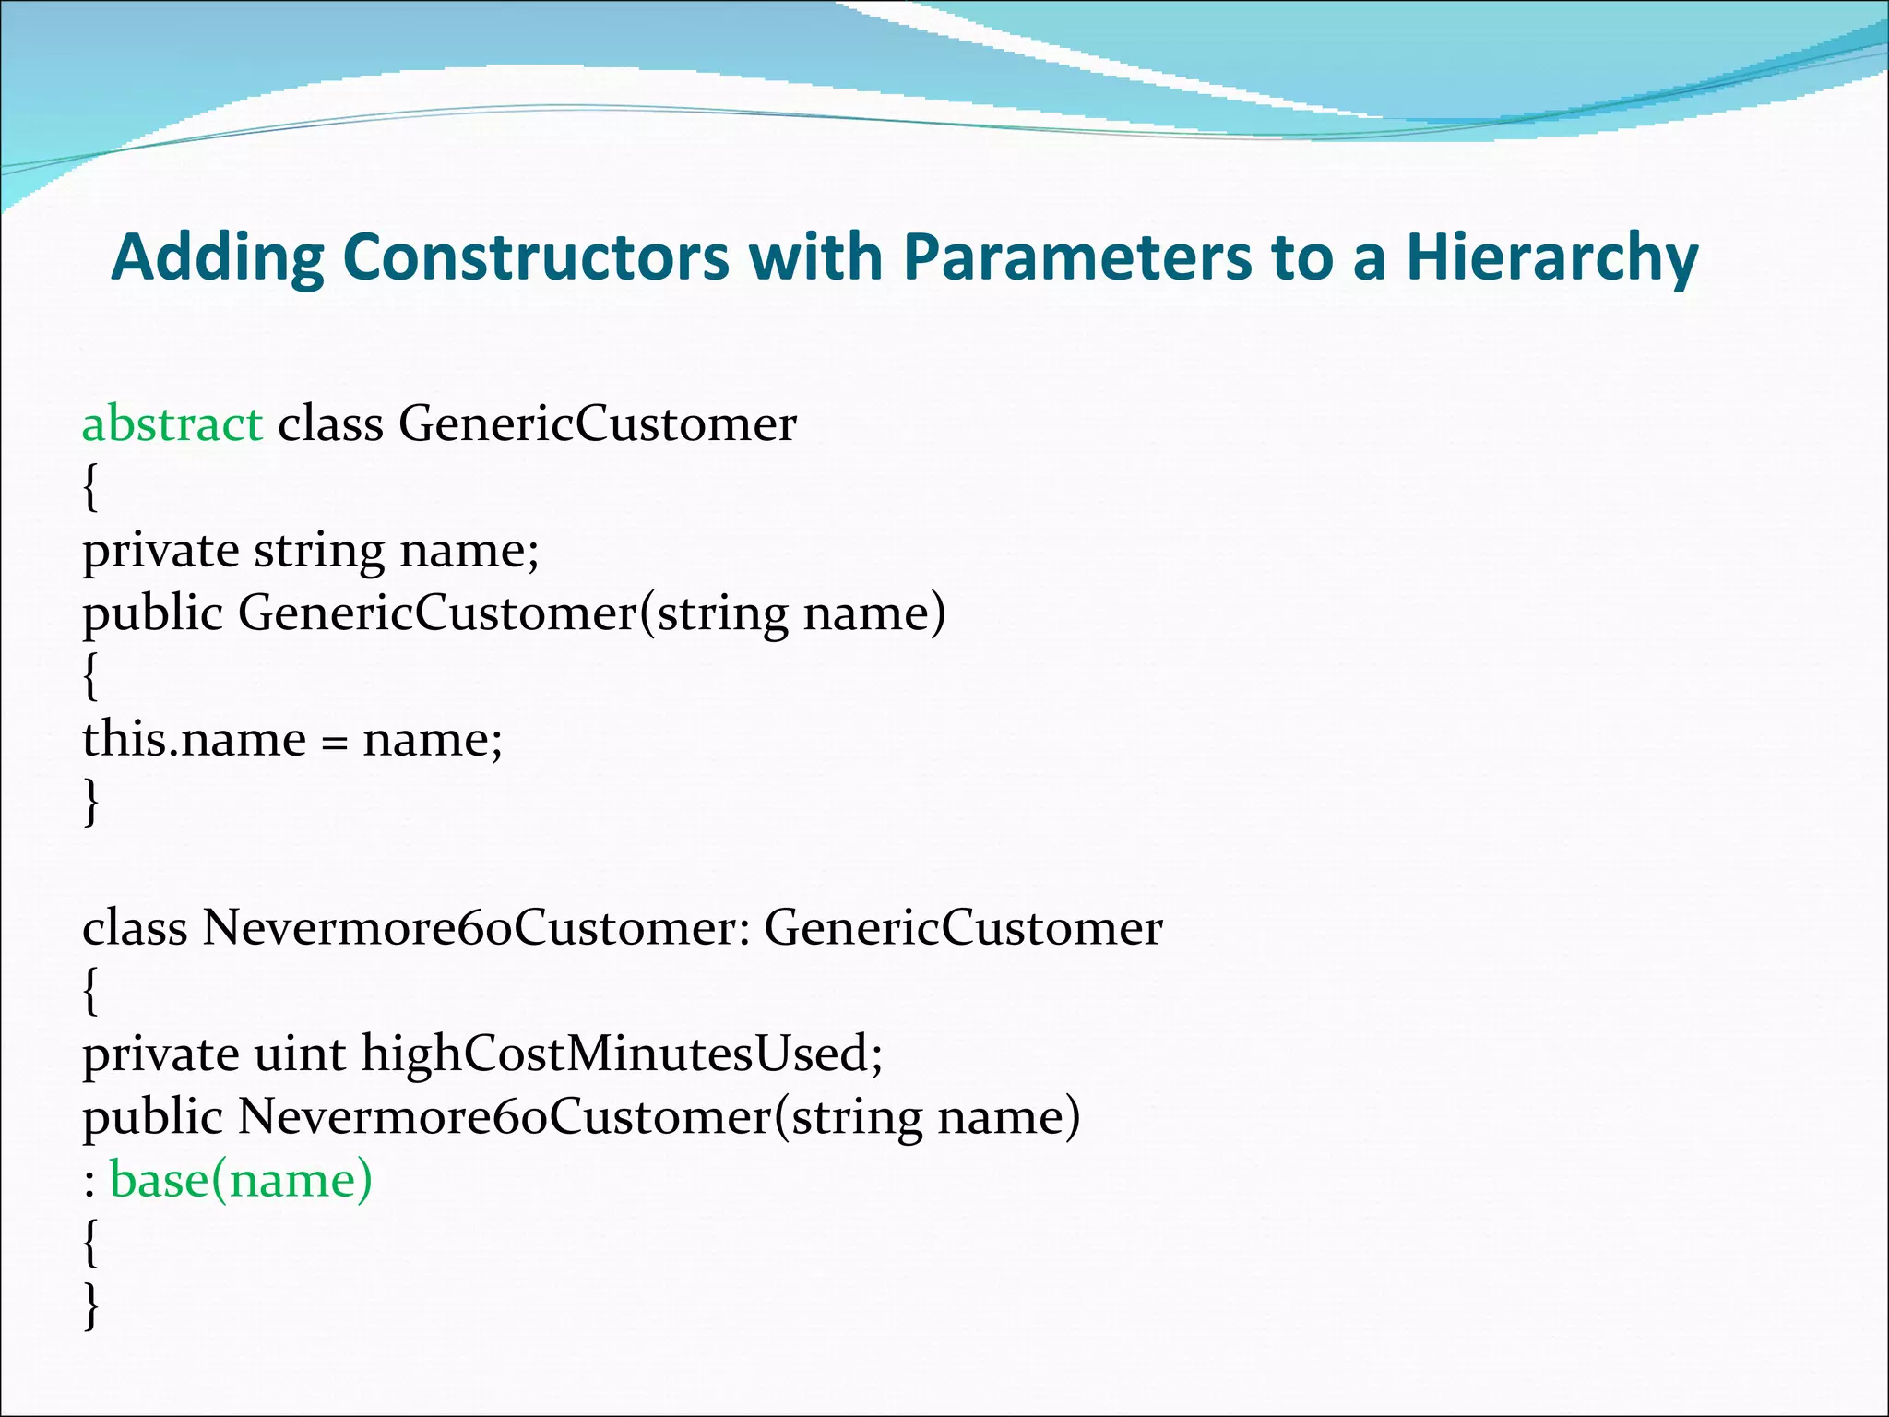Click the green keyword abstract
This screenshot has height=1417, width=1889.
tap(172, 424)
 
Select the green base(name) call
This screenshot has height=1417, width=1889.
tap(241, 1180)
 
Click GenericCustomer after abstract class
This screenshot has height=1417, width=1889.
tap(597, 424)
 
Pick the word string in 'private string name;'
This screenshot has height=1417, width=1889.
tap(318, 551)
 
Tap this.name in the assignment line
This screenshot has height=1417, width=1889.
tap(194, 739)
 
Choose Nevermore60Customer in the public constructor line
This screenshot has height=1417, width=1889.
tap(504, 1116)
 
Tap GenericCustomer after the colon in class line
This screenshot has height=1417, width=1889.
tap(962, 928)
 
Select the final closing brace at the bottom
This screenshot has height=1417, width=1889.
tap(89, 1305)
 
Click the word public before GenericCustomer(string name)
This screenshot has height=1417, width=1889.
tap(152, 613)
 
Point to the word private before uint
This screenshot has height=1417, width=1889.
tap(160, 1054)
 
